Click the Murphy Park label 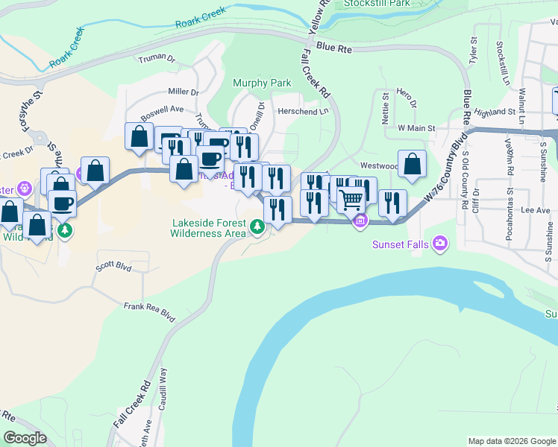pos(262,83)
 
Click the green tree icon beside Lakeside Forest pos(257,225)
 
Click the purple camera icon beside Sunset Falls pos(441,242)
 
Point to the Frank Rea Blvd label pos(149,312)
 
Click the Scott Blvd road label pos(113,265)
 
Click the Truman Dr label pos(156,57)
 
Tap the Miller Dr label pos(184,92)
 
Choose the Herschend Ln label pos(303,112)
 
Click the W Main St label pos(416,128)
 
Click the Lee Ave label pos(514,211)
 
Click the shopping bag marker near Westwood pos(412,164)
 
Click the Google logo pos(25,438)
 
